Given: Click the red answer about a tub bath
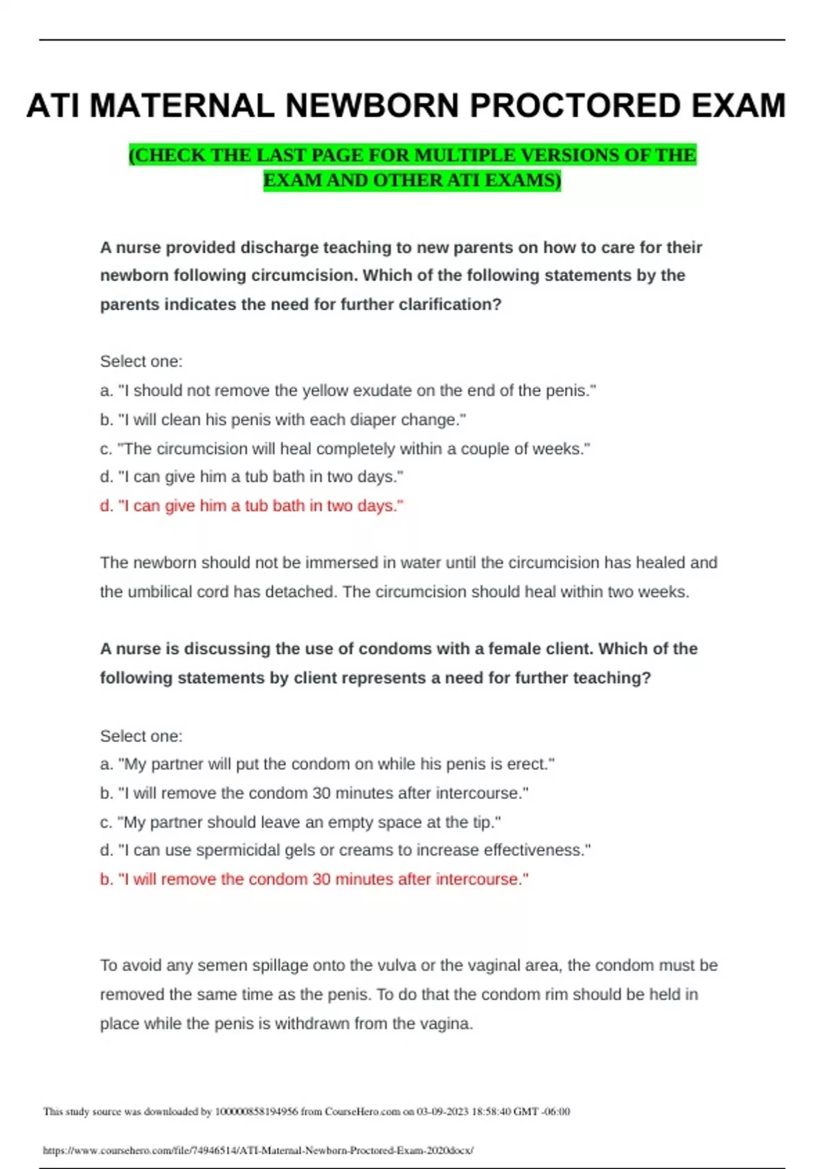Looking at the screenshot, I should click(252, 506).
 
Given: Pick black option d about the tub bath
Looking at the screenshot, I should click(252, 477).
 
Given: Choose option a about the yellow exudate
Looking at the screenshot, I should click(348, 391).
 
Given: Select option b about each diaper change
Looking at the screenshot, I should click(283, 419).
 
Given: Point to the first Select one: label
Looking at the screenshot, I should click(141, 362).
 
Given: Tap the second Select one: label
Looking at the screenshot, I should click(141, 736).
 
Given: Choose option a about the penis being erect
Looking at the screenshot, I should click(327, 764).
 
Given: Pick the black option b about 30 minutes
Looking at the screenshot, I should click(314, 793).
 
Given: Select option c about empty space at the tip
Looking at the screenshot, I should click(300, 822).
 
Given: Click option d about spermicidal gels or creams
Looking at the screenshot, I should click(345, 850).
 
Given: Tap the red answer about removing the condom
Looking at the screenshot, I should click(314, 879).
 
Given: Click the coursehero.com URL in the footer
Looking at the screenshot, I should click(258, 1150).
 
